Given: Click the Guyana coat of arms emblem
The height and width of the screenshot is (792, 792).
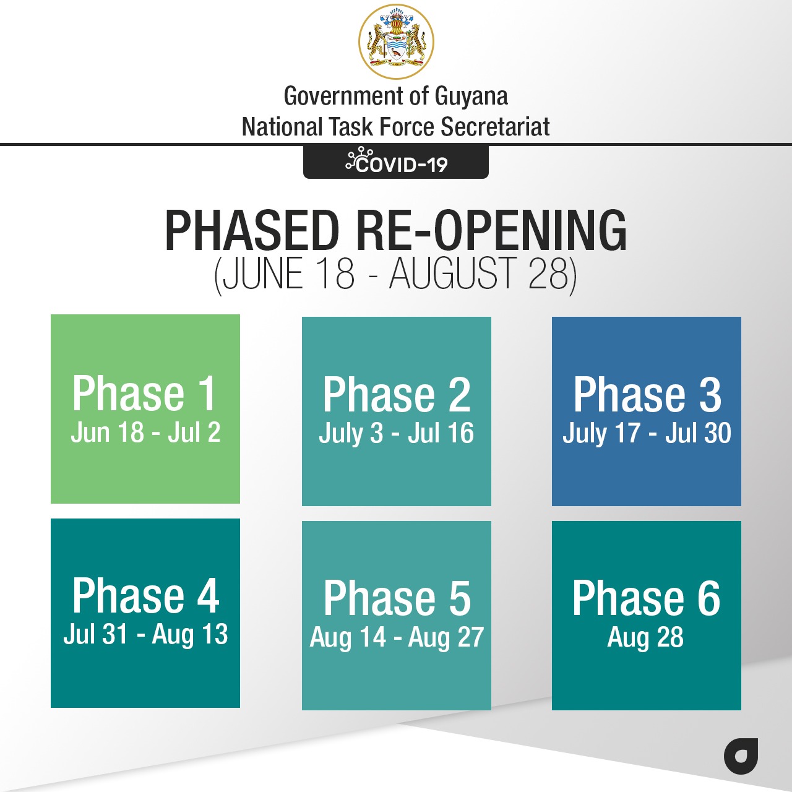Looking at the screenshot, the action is pos(396,41).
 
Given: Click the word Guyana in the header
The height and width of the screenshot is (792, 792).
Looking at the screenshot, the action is pos(471,97).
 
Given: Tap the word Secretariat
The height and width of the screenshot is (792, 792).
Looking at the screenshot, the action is pos(495,127).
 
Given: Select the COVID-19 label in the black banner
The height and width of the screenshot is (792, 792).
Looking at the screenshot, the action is pos(402,165).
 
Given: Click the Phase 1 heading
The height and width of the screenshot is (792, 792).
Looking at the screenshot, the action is pos(144,394).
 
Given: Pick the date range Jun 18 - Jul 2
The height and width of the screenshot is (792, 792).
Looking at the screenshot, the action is pos(145,433).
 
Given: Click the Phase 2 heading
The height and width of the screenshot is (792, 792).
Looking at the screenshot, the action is pos(397,395).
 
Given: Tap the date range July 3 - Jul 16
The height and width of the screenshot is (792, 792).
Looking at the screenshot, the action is pos(396,433).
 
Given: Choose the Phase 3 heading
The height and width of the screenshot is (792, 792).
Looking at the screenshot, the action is pos(647,395).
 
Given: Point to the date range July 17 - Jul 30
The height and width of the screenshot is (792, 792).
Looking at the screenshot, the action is pos(647,433).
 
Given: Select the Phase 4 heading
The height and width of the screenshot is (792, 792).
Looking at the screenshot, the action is pos(145,595).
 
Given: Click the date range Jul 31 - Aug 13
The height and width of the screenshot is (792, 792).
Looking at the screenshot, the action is pos(145,634).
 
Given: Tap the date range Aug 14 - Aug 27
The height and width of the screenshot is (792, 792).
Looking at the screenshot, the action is pos(397,637).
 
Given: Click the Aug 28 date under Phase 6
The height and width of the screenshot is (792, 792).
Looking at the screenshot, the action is pos(646,637).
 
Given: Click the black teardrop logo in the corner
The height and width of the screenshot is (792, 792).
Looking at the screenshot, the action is pos(741,762).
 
